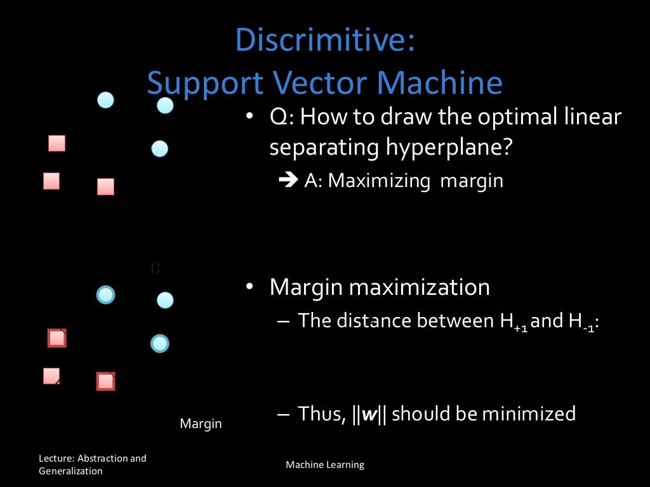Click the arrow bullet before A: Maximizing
coord(288,181)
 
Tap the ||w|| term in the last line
coord(368,414)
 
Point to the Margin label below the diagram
coord(201,424)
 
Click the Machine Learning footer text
coord(325,465)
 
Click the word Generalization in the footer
coord(70,471)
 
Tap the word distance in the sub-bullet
coord(374,321)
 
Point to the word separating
coord(324,147)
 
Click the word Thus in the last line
coord(321,414)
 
